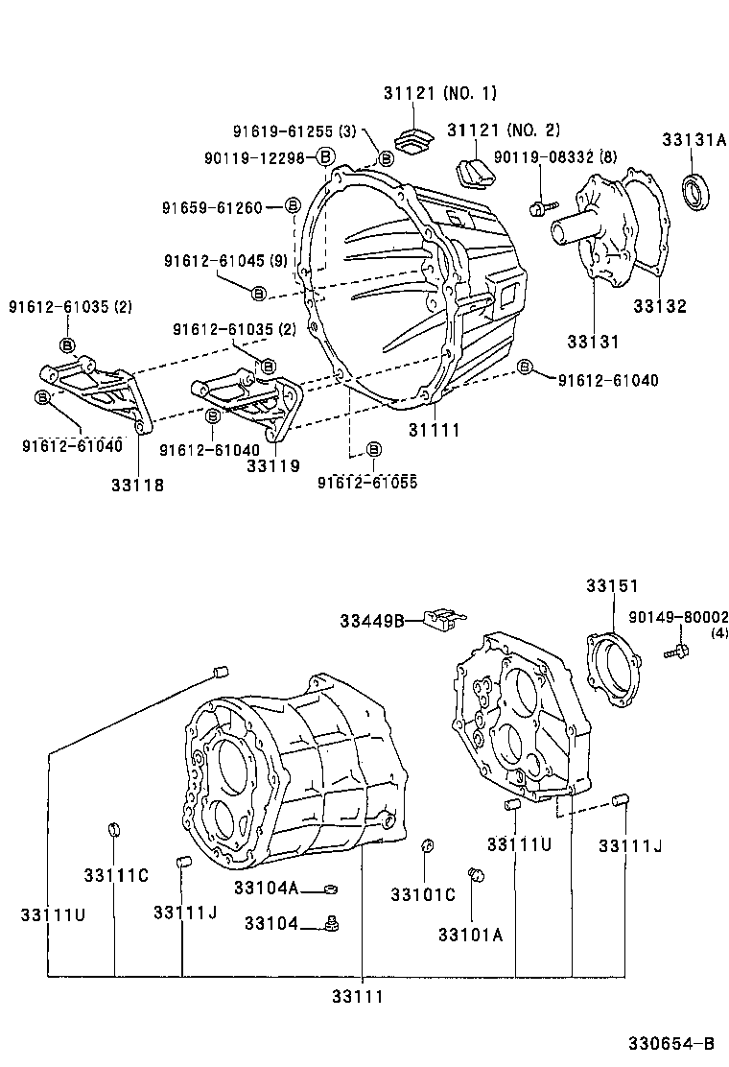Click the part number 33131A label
coord(694,140)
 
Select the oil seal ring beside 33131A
coord(698,191)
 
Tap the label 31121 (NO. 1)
coord(440,93)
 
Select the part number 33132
coord(660,307)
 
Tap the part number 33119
coord(273,465)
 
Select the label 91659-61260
coord(212,206)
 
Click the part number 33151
coord(613,585)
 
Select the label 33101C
coord(422,894)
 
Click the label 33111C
coord(115,875)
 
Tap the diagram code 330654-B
coord(671,1044)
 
